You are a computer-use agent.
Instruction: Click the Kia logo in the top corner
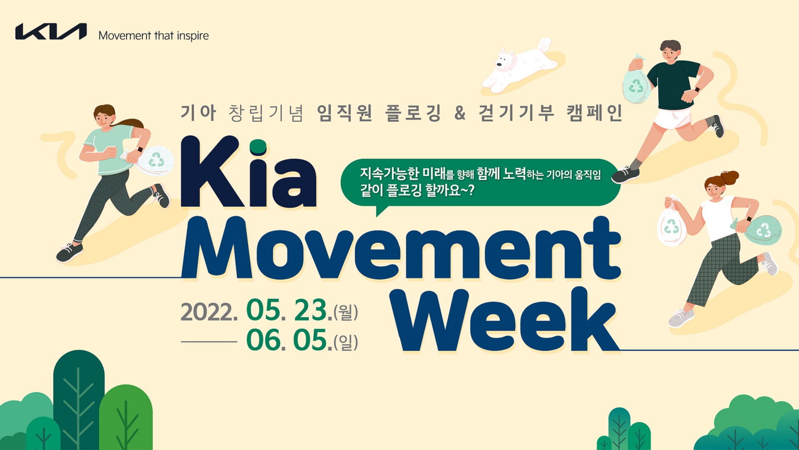point(51,32)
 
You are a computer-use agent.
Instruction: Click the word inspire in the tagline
point(193,36)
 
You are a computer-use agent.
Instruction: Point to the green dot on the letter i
point(258,147)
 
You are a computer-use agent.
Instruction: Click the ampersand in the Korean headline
point(460,112)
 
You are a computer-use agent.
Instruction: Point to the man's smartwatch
point(697,90)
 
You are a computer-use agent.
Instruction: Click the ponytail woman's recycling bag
point(156,160)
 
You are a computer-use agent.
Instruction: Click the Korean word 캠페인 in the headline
point(595,112)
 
